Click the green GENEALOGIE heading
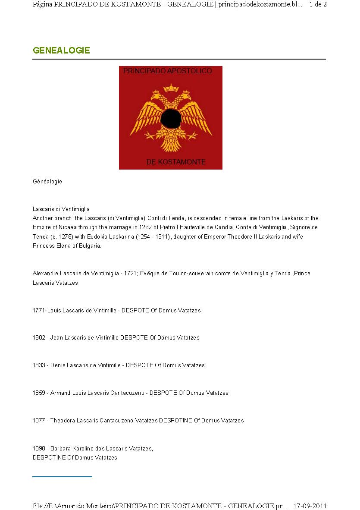pyautogui.click(x=61, y=50)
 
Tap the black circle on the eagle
pyautogui.click(x=171, y=119)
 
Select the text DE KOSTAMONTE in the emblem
pyautogui.click(x=176, y=162)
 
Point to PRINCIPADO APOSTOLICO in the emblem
pyautogui.click(x=168, y=71)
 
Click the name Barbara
pyautogui.click(x=60, y=449)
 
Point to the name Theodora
pyautogui.click(x=63, y=421)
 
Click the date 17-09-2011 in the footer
pyautogui.click(x=310, y=506)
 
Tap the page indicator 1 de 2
pyautogui.click(x=318, y=5)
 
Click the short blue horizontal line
pyautogui.click(x=62, y=477)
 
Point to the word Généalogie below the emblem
pyautogui.click(x=47, y=182)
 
